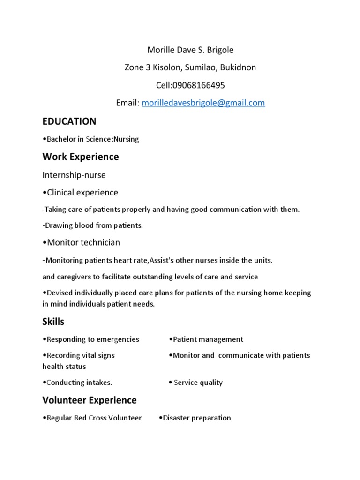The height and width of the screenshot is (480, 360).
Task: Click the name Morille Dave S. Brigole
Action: click(x=190, y=50)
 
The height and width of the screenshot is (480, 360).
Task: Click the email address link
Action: click(x=203, y=103)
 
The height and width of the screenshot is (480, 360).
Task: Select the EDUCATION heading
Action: click(x=69, y=121)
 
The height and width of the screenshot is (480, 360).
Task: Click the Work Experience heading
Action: click(x=80, y=157)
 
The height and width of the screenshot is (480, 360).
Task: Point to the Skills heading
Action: click(x=53, y=322)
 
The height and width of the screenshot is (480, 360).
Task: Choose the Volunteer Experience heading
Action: click(x=90, y=400)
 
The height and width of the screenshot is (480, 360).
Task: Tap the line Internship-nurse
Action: click(x=74, y=175)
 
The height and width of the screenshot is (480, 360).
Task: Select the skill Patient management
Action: click(x=206, y=339)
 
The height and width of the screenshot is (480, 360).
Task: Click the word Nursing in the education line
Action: click(x=126, y=139)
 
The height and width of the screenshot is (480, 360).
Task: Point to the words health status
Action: click(x=64, y=366)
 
